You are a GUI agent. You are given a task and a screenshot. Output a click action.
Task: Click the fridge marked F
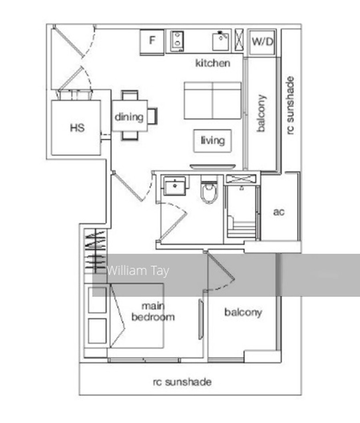coord(152,42)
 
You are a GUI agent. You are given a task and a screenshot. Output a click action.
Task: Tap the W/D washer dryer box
coord(262,42)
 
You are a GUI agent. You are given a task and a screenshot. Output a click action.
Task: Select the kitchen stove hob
coord(178,41)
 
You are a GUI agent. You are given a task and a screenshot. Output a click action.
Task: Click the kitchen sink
coord(220,41)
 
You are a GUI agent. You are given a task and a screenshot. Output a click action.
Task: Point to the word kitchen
coord(213,63)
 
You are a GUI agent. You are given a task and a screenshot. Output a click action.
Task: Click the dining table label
coord(129,117)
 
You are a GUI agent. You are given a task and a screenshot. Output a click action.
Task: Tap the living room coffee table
coord(212,141)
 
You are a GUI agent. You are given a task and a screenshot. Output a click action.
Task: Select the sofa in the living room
coord(212,100)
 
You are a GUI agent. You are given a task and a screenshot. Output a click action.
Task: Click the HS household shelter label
coord(77,128)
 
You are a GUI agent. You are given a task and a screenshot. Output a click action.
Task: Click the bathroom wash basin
coord(175,185)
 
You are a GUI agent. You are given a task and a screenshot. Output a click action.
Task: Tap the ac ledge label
coord(279,212)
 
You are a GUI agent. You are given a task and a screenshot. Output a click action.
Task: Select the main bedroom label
coord(153,312)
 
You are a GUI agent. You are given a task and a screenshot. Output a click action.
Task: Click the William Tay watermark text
coord(138,271)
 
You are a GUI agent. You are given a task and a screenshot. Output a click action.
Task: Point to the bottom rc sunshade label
coord(182,382)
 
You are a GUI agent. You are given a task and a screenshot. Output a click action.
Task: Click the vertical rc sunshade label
coord(290,105)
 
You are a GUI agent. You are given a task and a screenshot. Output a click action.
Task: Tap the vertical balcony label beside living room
coord(261,113)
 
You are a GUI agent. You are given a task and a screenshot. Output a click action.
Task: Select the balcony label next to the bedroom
coord(243,313)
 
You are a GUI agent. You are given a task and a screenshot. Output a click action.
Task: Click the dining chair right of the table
coord(152,116)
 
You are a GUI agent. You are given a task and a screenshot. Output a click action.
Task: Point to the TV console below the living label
coord(212,167)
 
